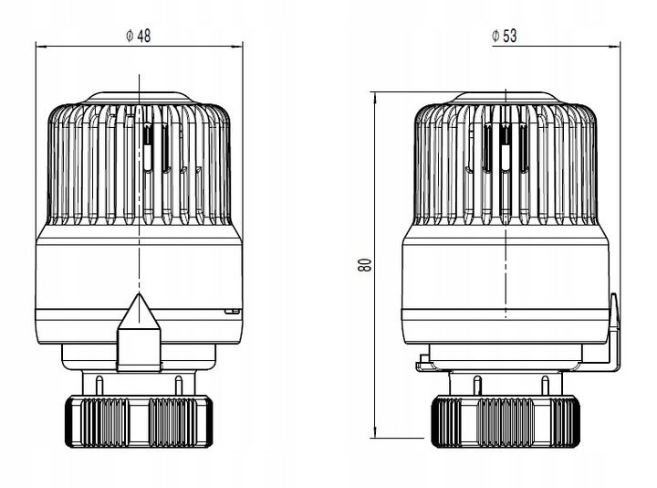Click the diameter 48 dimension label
click(139, 36)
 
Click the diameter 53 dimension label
click(505, 36)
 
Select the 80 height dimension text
click(365, 265)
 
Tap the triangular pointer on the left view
click(139, 312)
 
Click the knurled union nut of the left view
click(139, 421)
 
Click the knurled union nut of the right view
click(506, 421)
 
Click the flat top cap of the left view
click(139, 98)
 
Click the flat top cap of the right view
click(506, 97)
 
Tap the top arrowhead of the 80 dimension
click(376, 97)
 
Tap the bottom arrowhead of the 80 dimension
click(376, 433)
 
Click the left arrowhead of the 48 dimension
click(41, 47)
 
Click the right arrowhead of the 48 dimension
click(237, 47)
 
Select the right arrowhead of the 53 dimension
click(615, 47)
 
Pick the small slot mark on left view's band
click(232, 312)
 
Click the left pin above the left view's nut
click(99, 386)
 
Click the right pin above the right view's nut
click(545, 386)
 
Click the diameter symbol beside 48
click(130, 36)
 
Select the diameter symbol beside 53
click(495, 36)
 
